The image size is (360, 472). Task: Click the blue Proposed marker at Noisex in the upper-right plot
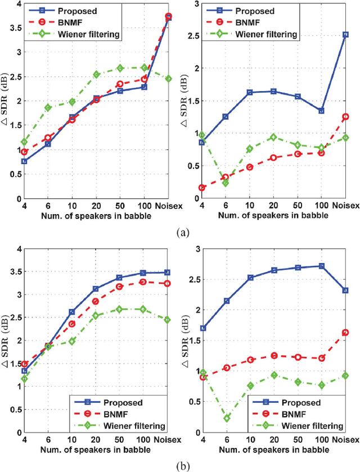(x=345, y=34)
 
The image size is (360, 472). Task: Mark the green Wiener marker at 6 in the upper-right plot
(x=226, y=183)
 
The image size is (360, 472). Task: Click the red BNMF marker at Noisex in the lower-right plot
(x=345, y=333)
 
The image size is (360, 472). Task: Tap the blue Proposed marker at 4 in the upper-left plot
(x=23, y=161)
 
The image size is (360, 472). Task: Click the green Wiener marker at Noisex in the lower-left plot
(x=167, y=320)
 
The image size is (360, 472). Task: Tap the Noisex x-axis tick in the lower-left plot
(x=167, y=441)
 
